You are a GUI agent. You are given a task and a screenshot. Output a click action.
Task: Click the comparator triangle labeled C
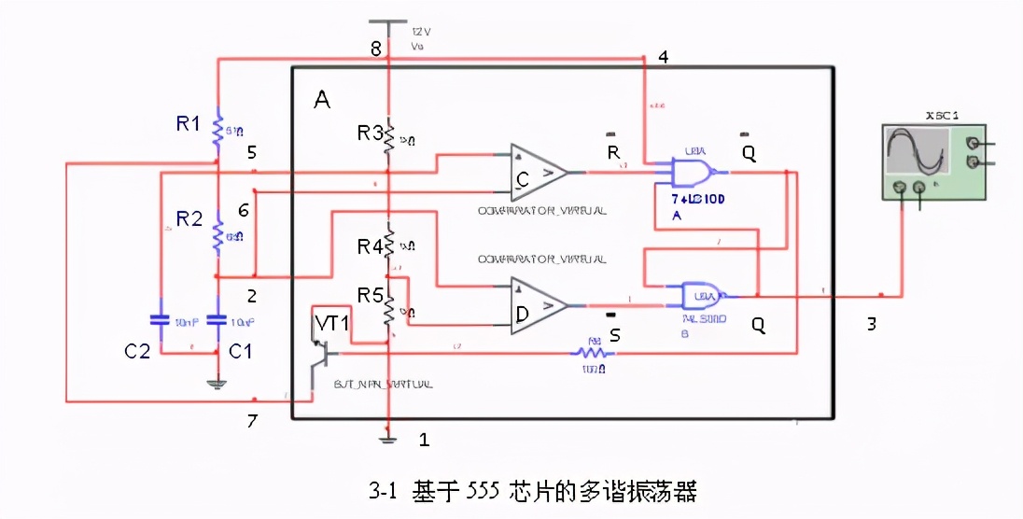(537, 172)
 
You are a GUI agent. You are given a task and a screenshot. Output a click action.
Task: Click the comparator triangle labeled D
(538, 306)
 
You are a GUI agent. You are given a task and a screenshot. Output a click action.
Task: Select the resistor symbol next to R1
(217, 131)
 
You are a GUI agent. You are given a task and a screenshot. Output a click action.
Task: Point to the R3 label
(370, 133)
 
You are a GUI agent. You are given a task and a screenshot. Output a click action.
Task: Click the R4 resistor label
(370, 247)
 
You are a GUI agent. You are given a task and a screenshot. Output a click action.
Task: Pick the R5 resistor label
(371, 296)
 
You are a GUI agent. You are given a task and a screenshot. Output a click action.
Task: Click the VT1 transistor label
(330, 323)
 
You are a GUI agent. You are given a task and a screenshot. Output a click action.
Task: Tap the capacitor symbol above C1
(217, 319)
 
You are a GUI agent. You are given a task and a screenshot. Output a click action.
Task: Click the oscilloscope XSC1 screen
(918, 151)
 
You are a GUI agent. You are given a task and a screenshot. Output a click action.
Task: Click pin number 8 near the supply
(375, 49)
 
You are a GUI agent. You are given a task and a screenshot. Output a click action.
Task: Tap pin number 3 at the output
(871, 324)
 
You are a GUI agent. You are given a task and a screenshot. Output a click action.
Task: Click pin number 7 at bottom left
(251, 421)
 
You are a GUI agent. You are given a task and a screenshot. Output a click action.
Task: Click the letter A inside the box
(322, 100)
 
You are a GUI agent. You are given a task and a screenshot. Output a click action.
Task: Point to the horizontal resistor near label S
(590, 353)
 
